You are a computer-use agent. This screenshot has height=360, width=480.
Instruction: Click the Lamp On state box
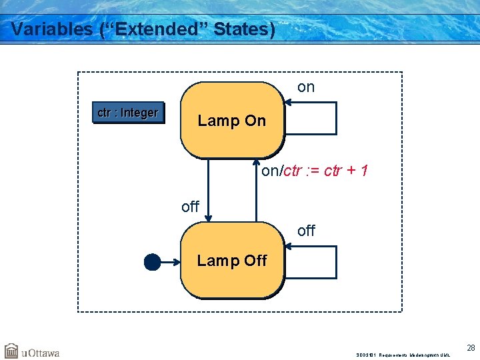(x=231, y=121)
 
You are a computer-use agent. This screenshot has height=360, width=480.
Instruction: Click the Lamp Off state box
(x=231, y=261)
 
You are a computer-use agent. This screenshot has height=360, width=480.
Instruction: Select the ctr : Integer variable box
(x=127, y=113)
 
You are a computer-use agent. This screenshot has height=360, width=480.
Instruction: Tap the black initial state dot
(x=153, y=262)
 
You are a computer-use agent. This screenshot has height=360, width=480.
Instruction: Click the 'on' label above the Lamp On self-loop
(x=306, y=87)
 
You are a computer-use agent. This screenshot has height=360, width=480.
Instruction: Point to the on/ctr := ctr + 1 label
(x=315, y=171)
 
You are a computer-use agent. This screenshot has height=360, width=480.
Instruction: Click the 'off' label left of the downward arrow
(x=190, y=207)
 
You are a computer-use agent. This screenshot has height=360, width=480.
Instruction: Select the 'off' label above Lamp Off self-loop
(x=306, y=231)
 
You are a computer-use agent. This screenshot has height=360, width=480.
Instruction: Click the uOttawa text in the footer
(x=41, y=352)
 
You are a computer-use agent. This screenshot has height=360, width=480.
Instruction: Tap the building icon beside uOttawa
(x=11, y=351)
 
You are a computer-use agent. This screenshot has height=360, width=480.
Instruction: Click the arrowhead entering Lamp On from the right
(x=287, y=103)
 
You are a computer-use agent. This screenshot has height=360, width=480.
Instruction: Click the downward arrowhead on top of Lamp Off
(x=209, y=217)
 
